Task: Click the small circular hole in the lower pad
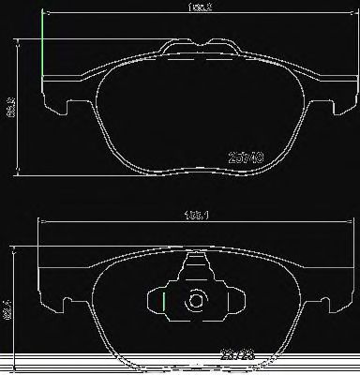[x=198, y=303]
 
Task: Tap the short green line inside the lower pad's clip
[x=164, y=302]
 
